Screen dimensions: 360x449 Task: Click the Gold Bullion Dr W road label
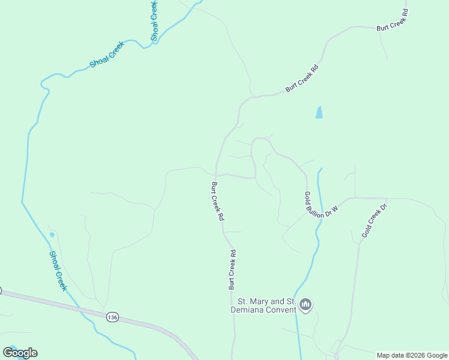pyautogui.click(x=321, y=205)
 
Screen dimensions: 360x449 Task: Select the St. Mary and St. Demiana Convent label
pyautogui.click(x=267, y=305)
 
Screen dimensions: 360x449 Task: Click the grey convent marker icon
pyautogui.click(x=306, y=305)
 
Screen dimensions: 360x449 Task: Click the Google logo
pyautogui.click(x=20, y=352)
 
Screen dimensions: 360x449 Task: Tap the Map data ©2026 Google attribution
pyautogui.click(x=412, y=355)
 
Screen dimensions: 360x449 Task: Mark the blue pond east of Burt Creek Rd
pyautogui.click(x=319, y=112)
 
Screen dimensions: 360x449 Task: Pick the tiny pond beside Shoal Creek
pyautogui.click(x=52, y=235)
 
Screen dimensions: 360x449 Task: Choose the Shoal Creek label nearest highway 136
pyautogui.click(x=58, y=271)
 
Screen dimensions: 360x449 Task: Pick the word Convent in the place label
pyautogui.click(x=282, y=310)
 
